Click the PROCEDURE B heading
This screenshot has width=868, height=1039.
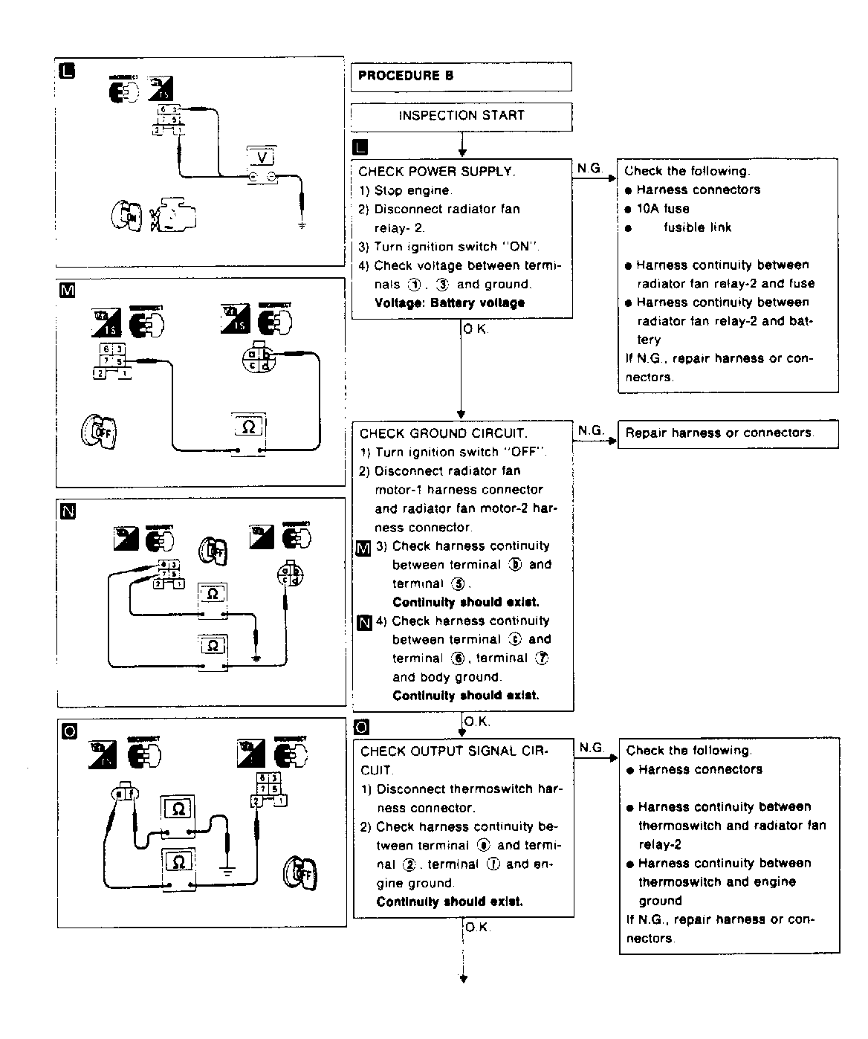[406, 76]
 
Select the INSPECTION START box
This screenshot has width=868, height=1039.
[461, 116]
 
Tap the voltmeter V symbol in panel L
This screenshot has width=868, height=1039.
[262, 158]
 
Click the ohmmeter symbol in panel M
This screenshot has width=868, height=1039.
[249, 428]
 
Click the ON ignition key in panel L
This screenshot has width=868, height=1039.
[124, 216]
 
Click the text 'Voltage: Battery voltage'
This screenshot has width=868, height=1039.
[450, 303]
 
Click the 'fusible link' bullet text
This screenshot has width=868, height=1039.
[697, 227]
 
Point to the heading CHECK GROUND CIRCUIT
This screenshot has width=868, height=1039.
[444, 433]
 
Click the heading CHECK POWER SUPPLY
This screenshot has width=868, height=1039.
[436, 172]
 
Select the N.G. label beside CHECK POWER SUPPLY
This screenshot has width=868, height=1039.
[590, 169]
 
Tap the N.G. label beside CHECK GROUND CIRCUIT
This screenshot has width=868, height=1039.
[592, 430]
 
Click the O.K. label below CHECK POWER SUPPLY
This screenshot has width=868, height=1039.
[476, 328]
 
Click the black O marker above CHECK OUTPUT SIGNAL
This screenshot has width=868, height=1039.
[363, 727]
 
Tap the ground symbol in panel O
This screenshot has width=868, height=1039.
[227, 869]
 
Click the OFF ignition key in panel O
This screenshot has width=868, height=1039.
[299, 874]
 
